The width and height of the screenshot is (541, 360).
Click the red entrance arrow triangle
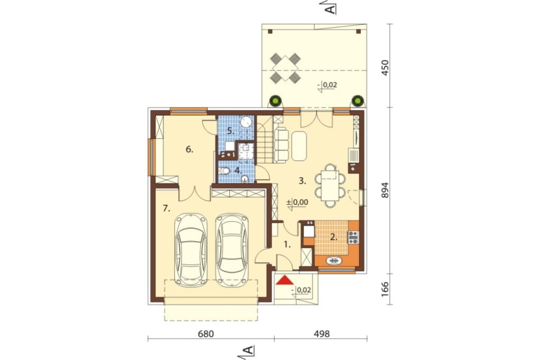[285, 280]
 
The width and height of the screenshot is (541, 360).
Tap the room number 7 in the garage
[167, 208]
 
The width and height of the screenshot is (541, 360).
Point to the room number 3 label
[302, 181]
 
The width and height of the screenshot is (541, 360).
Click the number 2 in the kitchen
[334, 237]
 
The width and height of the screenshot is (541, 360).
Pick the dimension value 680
[206, 334]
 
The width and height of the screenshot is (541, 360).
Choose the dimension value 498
[321, 334]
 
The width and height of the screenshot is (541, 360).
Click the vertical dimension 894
[385, 190]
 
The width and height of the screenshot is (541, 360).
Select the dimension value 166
[385, 289]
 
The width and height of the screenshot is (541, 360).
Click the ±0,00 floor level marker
[298, 202]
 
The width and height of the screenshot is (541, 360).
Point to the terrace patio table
[285, 68]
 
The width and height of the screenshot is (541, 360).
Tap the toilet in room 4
[225, 171]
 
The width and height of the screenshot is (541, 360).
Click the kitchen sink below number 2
[334, 261]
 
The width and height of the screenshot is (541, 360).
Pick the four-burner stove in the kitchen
[353, 237]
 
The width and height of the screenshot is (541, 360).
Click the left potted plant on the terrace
[276, 102]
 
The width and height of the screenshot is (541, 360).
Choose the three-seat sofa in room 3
[281, 145]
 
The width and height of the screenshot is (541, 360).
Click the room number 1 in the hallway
[287, 245]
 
